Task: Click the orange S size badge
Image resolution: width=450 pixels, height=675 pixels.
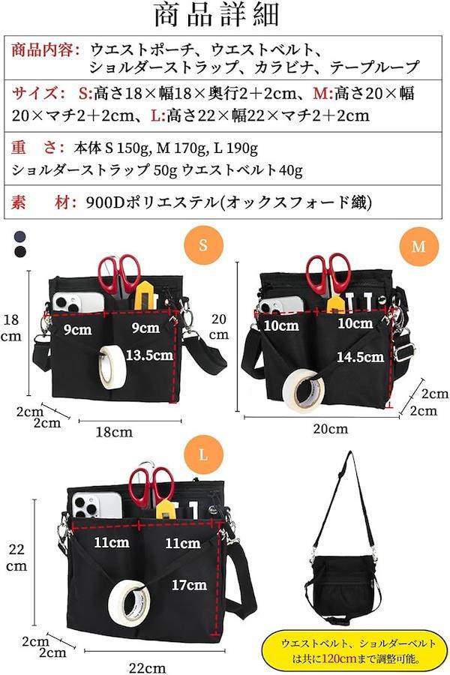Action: coord(203,245)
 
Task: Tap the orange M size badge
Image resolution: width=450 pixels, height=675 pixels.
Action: coord(418,247)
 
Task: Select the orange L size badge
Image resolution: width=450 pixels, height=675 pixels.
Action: coord(203,454)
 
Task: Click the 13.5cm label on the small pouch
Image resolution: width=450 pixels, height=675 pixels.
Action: coord(149,355)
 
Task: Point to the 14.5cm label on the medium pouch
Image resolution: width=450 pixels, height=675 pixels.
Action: coord(360,357)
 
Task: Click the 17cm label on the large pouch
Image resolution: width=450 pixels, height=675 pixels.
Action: coord(189,584)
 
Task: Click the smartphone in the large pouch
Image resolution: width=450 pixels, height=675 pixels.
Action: coord(97,505)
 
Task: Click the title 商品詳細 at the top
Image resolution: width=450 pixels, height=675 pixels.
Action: coord(217,16)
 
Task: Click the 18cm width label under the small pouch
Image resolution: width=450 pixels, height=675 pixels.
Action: coord(114,432)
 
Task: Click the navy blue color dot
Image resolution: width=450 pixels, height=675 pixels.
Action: coord(19,236)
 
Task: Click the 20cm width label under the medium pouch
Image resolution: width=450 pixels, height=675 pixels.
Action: coord(330,429)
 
